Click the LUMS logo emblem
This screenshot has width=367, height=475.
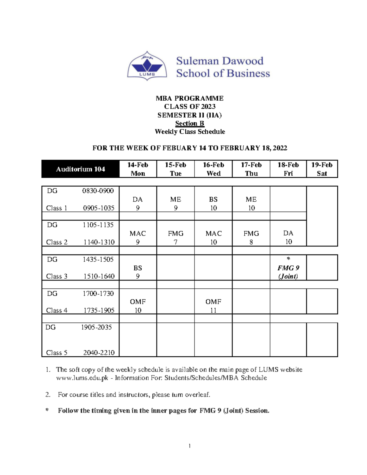[x=147, y=66]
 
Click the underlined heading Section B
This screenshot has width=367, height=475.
[x=190, y=123]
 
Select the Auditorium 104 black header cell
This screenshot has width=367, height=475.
[x=80, y=169]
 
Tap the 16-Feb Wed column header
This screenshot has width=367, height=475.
[x=213, y=169]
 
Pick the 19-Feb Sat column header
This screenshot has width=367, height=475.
[x=322, y=169]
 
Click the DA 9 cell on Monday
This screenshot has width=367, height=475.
[x=138, y=203]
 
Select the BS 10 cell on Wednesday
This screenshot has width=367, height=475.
[x=213, y=203]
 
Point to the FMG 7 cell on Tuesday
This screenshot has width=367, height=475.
[x=176, y=238]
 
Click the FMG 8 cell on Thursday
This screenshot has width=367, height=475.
[x=251, y=238]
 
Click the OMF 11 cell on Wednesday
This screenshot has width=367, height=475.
[x=213, y=306]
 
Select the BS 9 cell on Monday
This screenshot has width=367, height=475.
[x=138, y=272]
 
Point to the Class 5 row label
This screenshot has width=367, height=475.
[x=57, y=353]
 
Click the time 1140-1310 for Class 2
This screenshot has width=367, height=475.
[x=99, y=242]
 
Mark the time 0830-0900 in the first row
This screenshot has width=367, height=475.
[x=98, y=191]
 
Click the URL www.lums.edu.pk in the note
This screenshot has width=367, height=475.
[x=82, y=378]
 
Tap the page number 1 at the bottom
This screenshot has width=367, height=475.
[x=190, y=446]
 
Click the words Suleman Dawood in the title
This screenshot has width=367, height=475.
[x=220, y=61]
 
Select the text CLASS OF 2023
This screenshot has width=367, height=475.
[x=190, y=106]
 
